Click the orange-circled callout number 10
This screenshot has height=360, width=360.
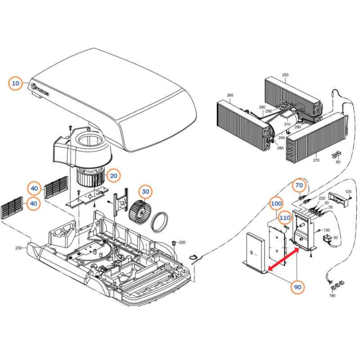[16, 84]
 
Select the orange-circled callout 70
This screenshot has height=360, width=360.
[299, 185]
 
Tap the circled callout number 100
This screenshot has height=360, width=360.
[276, 204]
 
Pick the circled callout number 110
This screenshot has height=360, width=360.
[284, 218]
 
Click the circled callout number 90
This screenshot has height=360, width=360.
[297, 287]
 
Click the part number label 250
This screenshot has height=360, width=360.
[285, 75]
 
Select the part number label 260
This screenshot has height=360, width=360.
[230, 95]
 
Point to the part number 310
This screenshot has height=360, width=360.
[287, 124]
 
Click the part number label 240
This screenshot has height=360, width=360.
[281, 138]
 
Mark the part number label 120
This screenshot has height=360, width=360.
[347, 192]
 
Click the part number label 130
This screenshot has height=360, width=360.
[327, 230]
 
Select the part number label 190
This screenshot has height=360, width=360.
[332, 296]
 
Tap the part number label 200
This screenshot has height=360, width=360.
[182, 243]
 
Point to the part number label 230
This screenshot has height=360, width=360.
[18, 248]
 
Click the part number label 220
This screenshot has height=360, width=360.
[322, 198]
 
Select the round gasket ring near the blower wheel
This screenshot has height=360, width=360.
[160, 222]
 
